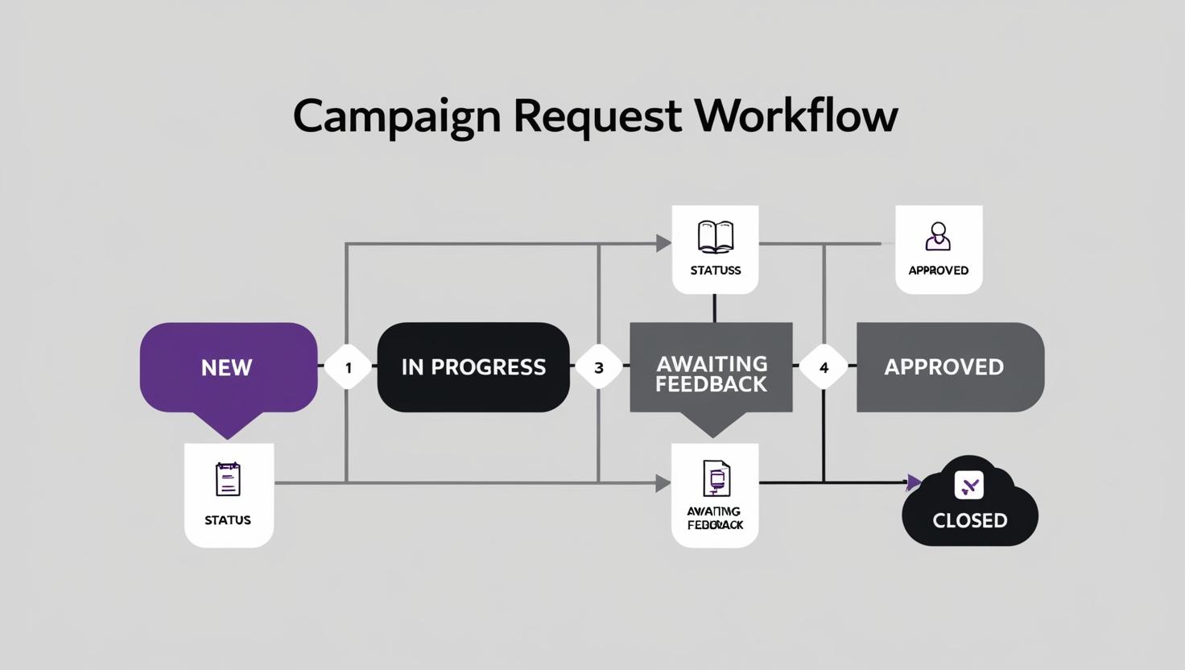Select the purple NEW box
[228, 367]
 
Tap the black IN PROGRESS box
[473, 367]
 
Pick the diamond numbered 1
[348, 367]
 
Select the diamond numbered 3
[598, 367]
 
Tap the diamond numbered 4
[824, 367]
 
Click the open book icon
[715, 237]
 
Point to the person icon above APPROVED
[938, 237]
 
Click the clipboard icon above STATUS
[228, 479]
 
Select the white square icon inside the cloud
[968, 485]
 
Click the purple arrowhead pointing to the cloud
[913, 482]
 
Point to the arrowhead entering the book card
[664, 243]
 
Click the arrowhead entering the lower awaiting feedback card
[663, 483]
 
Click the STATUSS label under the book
[715, 271]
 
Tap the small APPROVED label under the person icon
[938, 271]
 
